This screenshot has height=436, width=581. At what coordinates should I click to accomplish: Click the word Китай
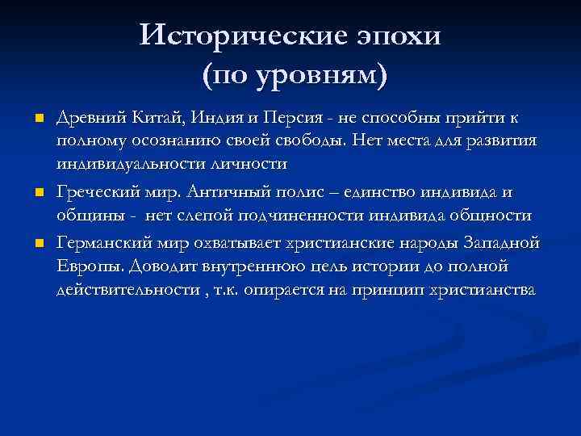(157, 119)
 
